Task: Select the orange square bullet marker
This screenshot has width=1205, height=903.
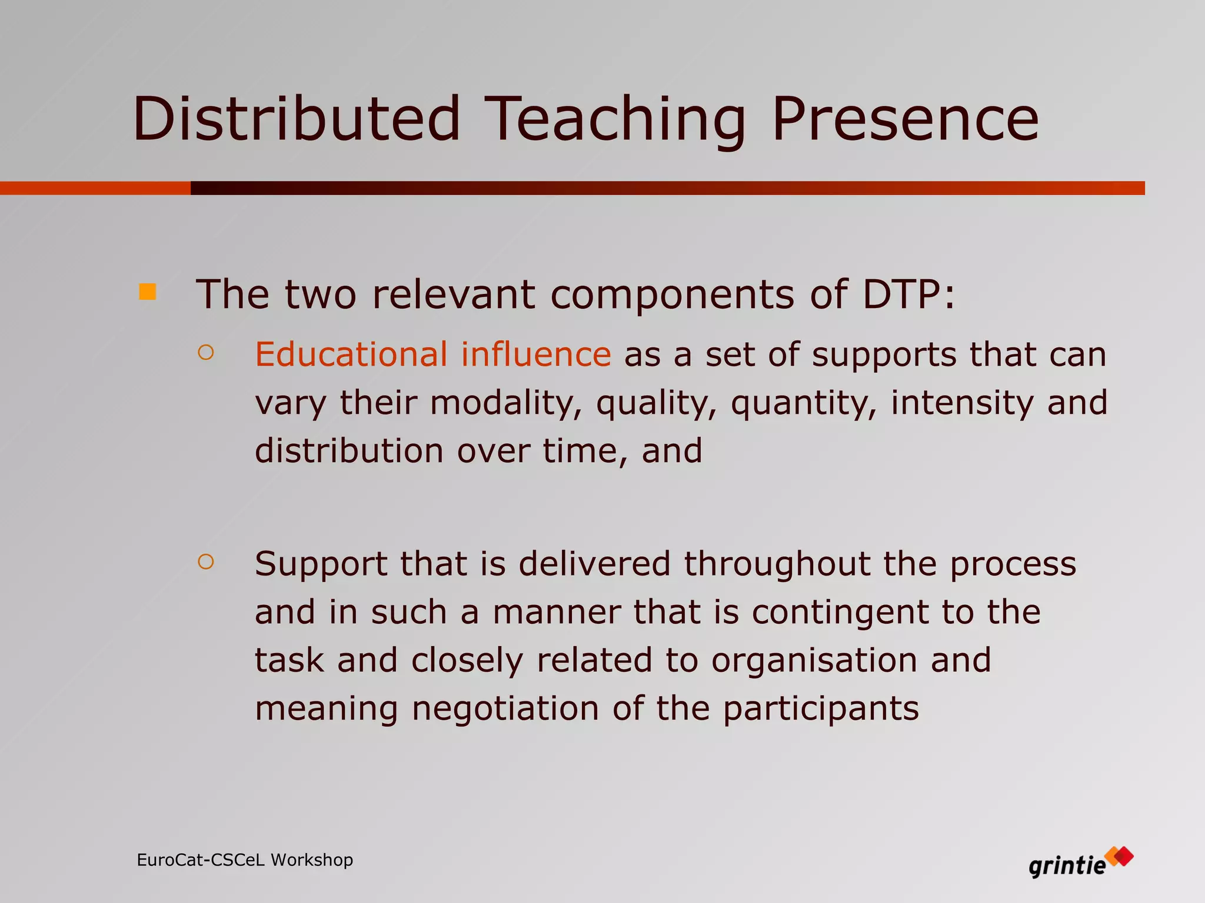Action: point(147,292)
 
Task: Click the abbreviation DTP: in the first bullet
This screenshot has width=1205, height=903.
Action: point(909,294)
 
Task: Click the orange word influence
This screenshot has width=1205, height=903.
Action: point(535,354)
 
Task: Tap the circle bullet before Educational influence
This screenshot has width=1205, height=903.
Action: point(206,353)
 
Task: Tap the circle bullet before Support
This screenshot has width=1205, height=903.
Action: point(206,562)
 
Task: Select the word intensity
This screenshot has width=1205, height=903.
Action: point(961,403)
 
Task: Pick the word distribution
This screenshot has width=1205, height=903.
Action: point(349,451)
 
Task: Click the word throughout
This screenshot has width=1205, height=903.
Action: point(777,564)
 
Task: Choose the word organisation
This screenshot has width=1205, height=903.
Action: point(814,660)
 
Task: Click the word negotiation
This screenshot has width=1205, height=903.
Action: point(505,708)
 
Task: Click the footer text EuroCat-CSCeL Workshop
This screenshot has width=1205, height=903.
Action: point(245,860)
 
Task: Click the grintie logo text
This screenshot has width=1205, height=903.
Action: point(1067,866)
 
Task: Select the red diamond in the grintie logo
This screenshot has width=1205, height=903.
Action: point(1124,856)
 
